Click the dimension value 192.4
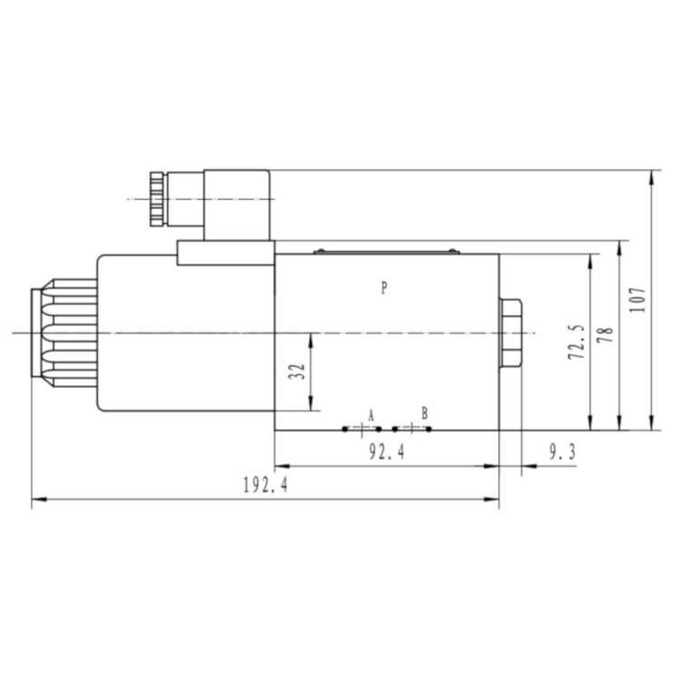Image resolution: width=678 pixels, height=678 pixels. click(266, 485)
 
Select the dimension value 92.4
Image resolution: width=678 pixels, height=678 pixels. click(387, 452)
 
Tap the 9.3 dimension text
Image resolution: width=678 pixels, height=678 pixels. click(562, 452)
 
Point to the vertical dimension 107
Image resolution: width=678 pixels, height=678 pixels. click(638, 299)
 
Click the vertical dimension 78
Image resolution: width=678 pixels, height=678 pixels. click(606, 334)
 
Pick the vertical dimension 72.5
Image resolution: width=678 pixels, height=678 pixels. click(577, 342)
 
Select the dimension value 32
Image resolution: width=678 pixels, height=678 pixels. click(297, 372)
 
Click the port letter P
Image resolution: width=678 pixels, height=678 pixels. click(384, 287)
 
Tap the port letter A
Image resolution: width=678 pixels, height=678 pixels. click(371, 416)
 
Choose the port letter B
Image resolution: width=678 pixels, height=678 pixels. click(425, 413)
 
